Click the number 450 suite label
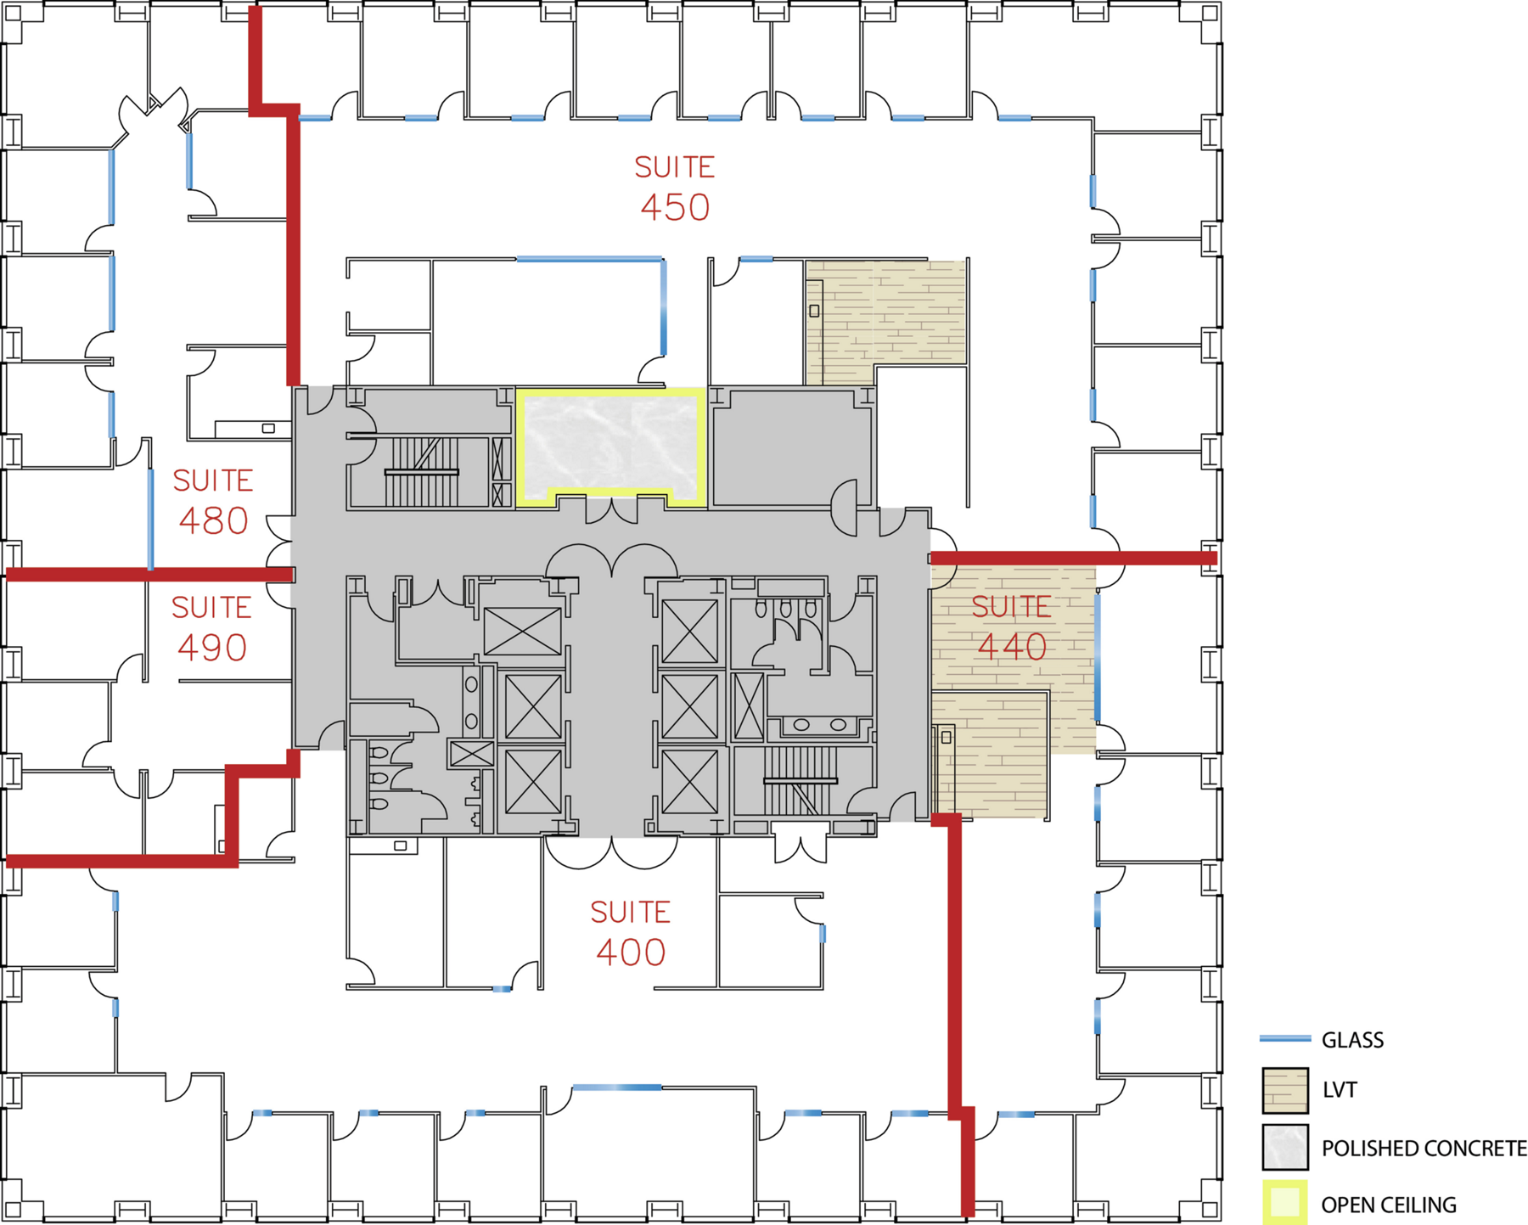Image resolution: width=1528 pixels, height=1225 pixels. pos(675,207)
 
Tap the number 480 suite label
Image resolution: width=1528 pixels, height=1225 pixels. pos(213,520)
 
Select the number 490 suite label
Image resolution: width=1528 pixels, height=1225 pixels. pos(212,648)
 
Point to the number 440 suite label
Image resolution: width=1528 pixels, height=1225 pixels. pos(1012,647)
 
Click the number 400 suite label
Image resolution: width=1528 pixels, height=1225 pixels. pos(631,952)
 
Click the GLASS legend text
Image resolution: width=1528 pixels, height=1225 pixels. pos(1352,1040)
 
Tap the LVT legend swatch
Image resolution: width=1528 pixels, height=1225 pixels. pos(1285,1090)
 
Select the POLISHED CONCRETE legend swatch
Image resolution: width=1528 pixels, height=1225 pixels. pos(1285,1147)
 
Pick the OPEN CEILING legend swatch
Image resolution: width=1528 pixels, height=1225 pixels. pos(1285,1203)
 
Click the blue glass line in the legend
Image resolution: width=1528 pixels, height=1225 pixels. pos(1285,1038)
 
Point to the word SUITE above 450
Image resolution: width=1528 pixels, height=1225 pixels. pos(675,167)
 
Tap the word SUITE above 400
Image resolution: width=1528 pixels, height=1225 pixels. pos(631,913)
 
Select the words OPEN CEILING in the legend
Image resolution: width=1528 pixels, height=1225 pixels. pos(1389,1205)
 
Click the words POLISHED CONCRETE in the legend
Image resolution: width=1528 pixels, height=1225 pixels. pos(1424,1149)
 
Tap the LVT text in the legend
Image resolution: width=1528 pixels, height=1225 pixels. pos(1340,1090)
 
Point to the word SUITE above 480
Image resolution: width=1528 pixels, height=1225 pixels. pos(213,481)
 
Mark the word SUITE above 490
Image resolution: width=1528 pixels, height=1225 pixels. pos(212,608)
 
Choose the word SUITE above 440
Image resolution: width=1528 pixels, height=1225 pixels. pos(1012,607)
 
